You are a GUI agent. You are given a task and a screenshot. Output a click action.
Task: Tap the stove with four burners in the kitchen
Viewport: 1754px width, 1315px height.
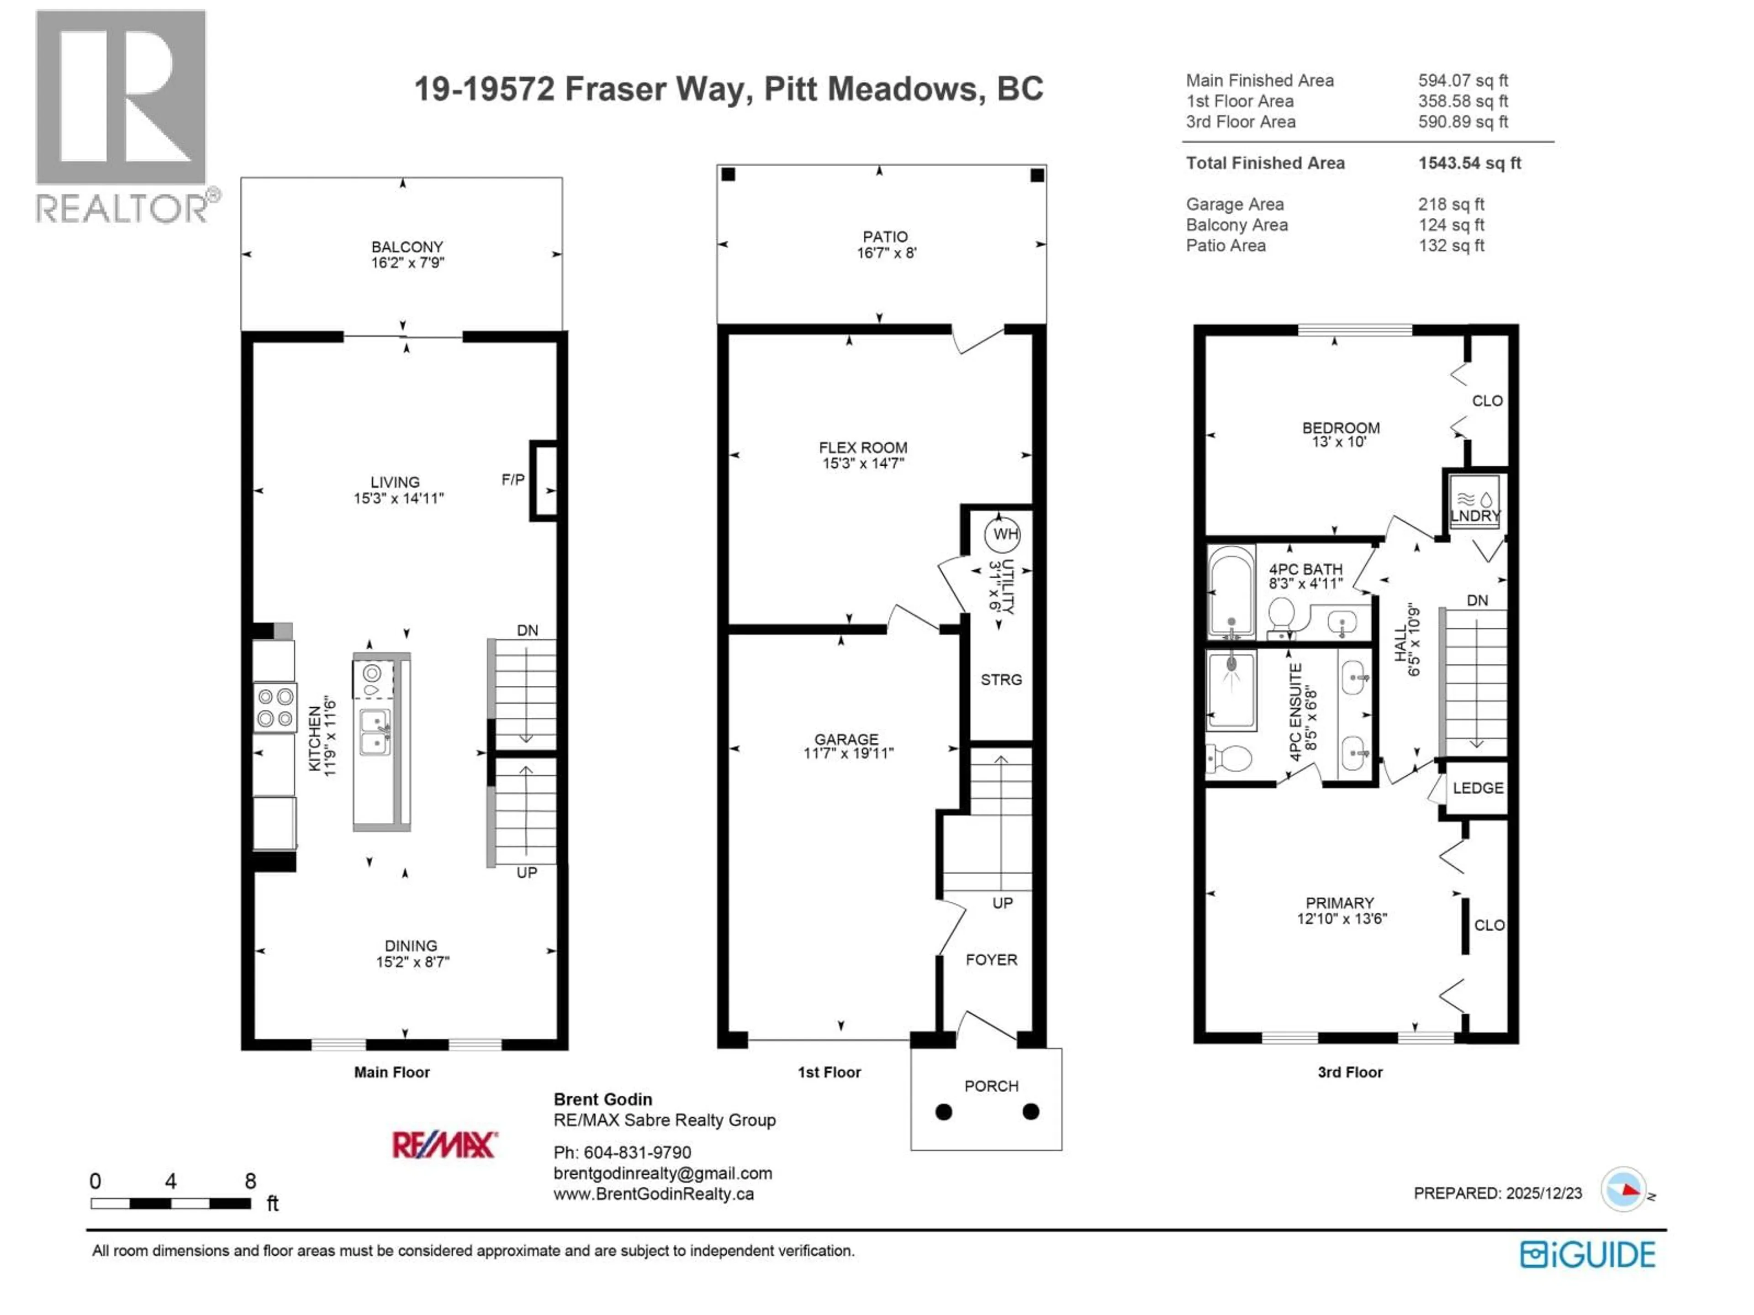(x=275, y=707)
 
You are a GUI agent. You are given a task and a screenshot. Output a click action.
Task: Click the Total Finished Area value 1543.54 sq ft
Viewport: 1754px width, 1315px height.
(x=1469, y=163)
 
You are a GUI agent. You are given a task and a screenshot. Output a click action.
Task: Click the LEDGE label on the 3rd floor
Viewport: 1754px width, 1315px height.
(x=1477, y=788)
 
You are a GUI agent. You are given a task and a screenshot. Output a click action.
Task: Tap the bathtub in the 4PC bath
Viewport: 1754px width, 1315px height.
(x=1231, y=592)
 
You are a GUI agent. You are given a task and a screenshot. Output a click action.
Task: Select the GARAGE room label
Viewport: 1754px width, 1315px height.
(x=845, y=739)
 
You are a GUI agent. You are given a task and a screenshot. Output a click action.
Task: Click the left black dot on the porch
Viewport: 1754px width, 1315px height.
(x=944, y=1112)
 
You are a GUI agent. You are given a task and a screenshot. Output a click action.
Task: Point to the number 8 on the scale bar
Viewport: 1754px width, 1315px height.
(x=251, y=1182)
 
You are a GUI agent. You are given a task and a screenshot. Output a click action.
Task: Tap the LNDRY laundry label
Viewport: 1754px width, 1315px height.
(x=1475, y=516)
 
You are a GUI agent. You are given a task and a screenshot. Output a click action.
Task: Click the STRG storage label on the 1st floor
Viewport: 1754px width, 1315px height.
(x=1001, y=680)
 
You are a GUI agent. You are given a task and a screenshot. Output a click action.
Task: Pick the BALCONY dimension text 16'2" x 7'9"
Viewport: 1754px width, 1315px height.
(x=407, y=263)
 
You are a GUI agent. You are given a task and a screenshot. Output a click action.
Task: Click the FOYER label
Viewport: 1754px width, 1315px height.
(x=991, y=960)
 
